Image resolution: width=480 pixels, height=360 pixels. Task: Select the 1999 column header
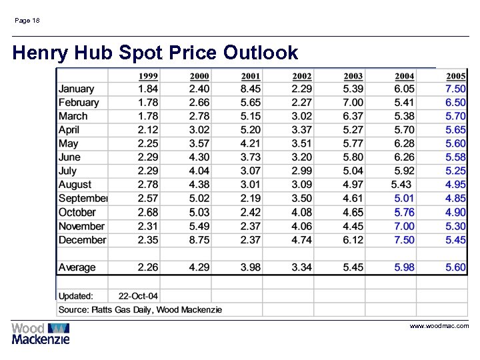pyautogui.click(x=148, y=76)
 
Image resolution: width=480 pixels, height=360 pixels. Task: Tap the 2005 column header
pyautogui.click(x=455, y=76)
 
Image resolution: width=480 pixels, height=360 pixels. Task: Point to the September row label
pyautogui.click(x=83, y=199)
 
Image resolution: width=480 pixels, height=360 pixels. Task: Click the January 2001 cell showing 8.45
pyautogui.click(x=251, y=89)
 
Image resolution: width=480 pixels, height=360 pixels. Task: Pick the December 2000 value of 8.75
pyautogui.click(x=199, y=240)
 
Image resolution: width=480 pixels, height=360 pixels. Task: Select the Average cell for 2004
pyautogui.click(x=404, y=267)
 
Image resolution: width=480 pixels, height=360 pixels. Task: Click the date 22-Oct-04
pyautogui.click(x=138, y=296)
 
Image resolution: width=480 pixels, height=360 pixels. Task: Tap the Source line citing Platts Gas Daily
pyautogui.click(x=140, y=309)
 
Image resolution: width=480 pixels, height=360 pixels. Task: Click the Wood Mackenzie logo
pyautogui.click(x=41, y=333)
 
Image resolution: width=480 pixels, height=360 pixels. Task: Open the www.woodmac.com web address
pyautogui.click(x=439, y=326)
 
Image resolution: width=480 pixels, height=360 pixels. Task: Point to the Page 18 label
pyautogui.click(x=27, y=21)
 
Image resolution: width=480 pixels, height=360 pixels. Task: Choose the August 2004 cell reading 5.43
pyautogui.click(x=401, y=185)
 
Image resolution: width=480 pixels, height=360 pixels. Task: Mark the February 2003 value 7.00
pyautogui.click(x=353, y=103)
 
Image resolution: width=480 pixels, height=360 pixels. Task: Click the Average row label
pyautogui.click(x=77, y=267)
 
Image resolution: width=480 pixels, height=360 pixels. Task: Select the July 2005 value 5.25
pyautogui.click(x=455, y=171)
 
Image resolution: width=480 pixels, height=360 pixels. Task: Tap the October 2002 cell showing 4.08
pyautogui.click(x=301, y=213)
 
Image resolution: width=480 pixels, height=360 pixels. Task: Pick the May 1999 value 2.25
pyautogui.click(x=148, y=144)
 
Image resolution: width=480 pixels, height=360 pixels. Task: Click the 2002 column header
pyautogui.click(x=301, y=76)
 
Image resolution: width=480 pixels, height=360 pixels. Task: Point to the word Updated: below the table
pyautogui.click(x=76, y=296)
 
